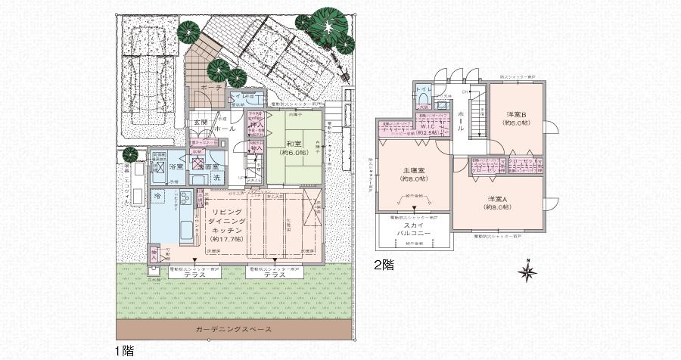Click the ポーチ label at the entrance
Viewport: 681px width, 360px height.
tap(211, 88)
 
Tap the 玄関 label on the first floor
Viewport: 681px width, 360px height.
tap(200, 121)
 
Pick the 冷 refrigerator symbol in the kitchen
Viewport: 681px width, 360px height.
tap(157, 196)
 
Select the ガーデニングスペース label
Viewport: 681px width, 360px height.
tap(232, 331)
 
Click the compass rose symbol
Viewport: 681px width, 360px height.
tap(527, 270)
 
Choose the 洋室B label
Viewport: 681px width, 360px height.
tap(517, 115)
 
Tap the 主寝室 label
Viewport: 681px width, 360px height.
tap(412, 170)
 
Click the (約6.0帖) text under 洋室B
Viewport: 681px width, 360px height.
tap(517, 124)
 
